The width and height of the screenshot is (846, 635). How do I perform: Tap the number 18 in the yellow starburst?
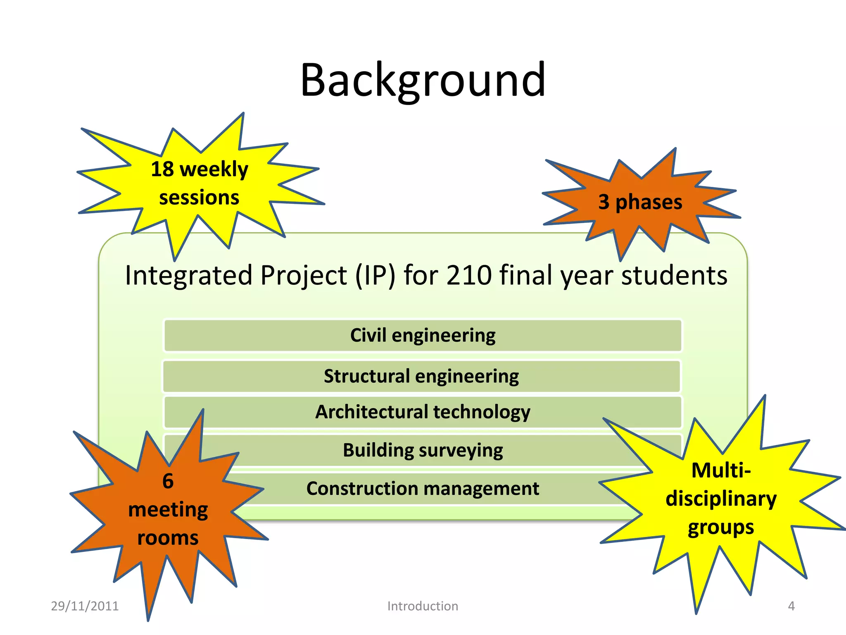pos(162,169)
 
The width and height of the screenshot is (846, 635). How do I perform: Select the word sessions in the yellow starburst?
pos(199,198)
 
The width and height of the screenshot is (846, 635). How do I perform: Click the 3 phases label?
pos(640,202)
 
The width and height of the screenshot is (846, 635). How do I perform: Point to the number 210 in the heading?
pos(469,275)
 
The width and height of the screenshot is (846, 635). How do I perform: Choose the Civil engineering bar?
pos(423,335)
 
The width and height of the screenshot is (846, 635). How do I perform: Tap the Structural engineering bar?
pos(421,376)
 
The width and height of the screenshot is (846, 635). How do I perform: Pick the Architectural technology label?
pos(423,412)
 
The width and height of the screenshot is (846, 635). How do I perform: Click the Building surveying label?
pos(423,450)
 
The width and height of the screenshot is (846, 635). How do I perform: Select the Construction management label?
pos(423,489)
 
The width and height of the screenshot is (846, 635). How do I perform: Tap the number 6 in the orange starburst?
pos(168,481)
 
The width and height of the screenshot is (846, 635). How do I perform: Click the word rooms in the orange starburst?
pos(168,538)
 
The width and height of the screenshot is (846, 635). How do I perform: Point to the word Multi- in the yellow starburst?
pos(721,470)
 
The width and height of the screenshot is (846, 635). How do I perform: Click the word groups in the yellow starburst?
pos(721,528)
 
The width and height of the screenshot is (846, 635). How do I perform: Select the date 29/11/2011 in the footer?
pos(85,606)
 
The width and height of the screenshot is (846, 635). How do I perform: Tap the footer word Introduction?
pos(423,606)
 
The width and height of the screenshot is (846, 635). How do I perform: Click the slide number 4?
pos(791,606)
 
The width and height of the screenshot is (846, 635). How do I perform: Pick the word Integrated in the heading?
pos(188,275)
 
